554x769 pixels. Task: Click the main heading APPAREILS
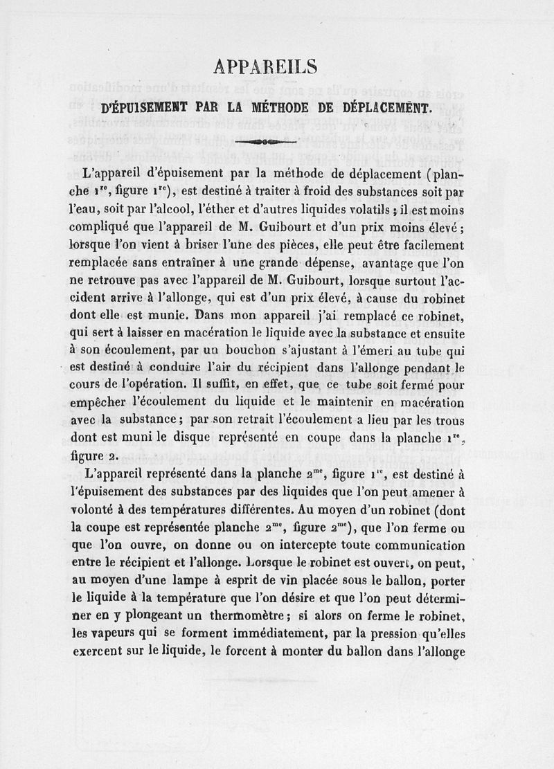click(x=266, y=66)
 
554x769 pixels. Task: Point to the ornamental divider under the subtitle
click(x=266, y=142)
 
